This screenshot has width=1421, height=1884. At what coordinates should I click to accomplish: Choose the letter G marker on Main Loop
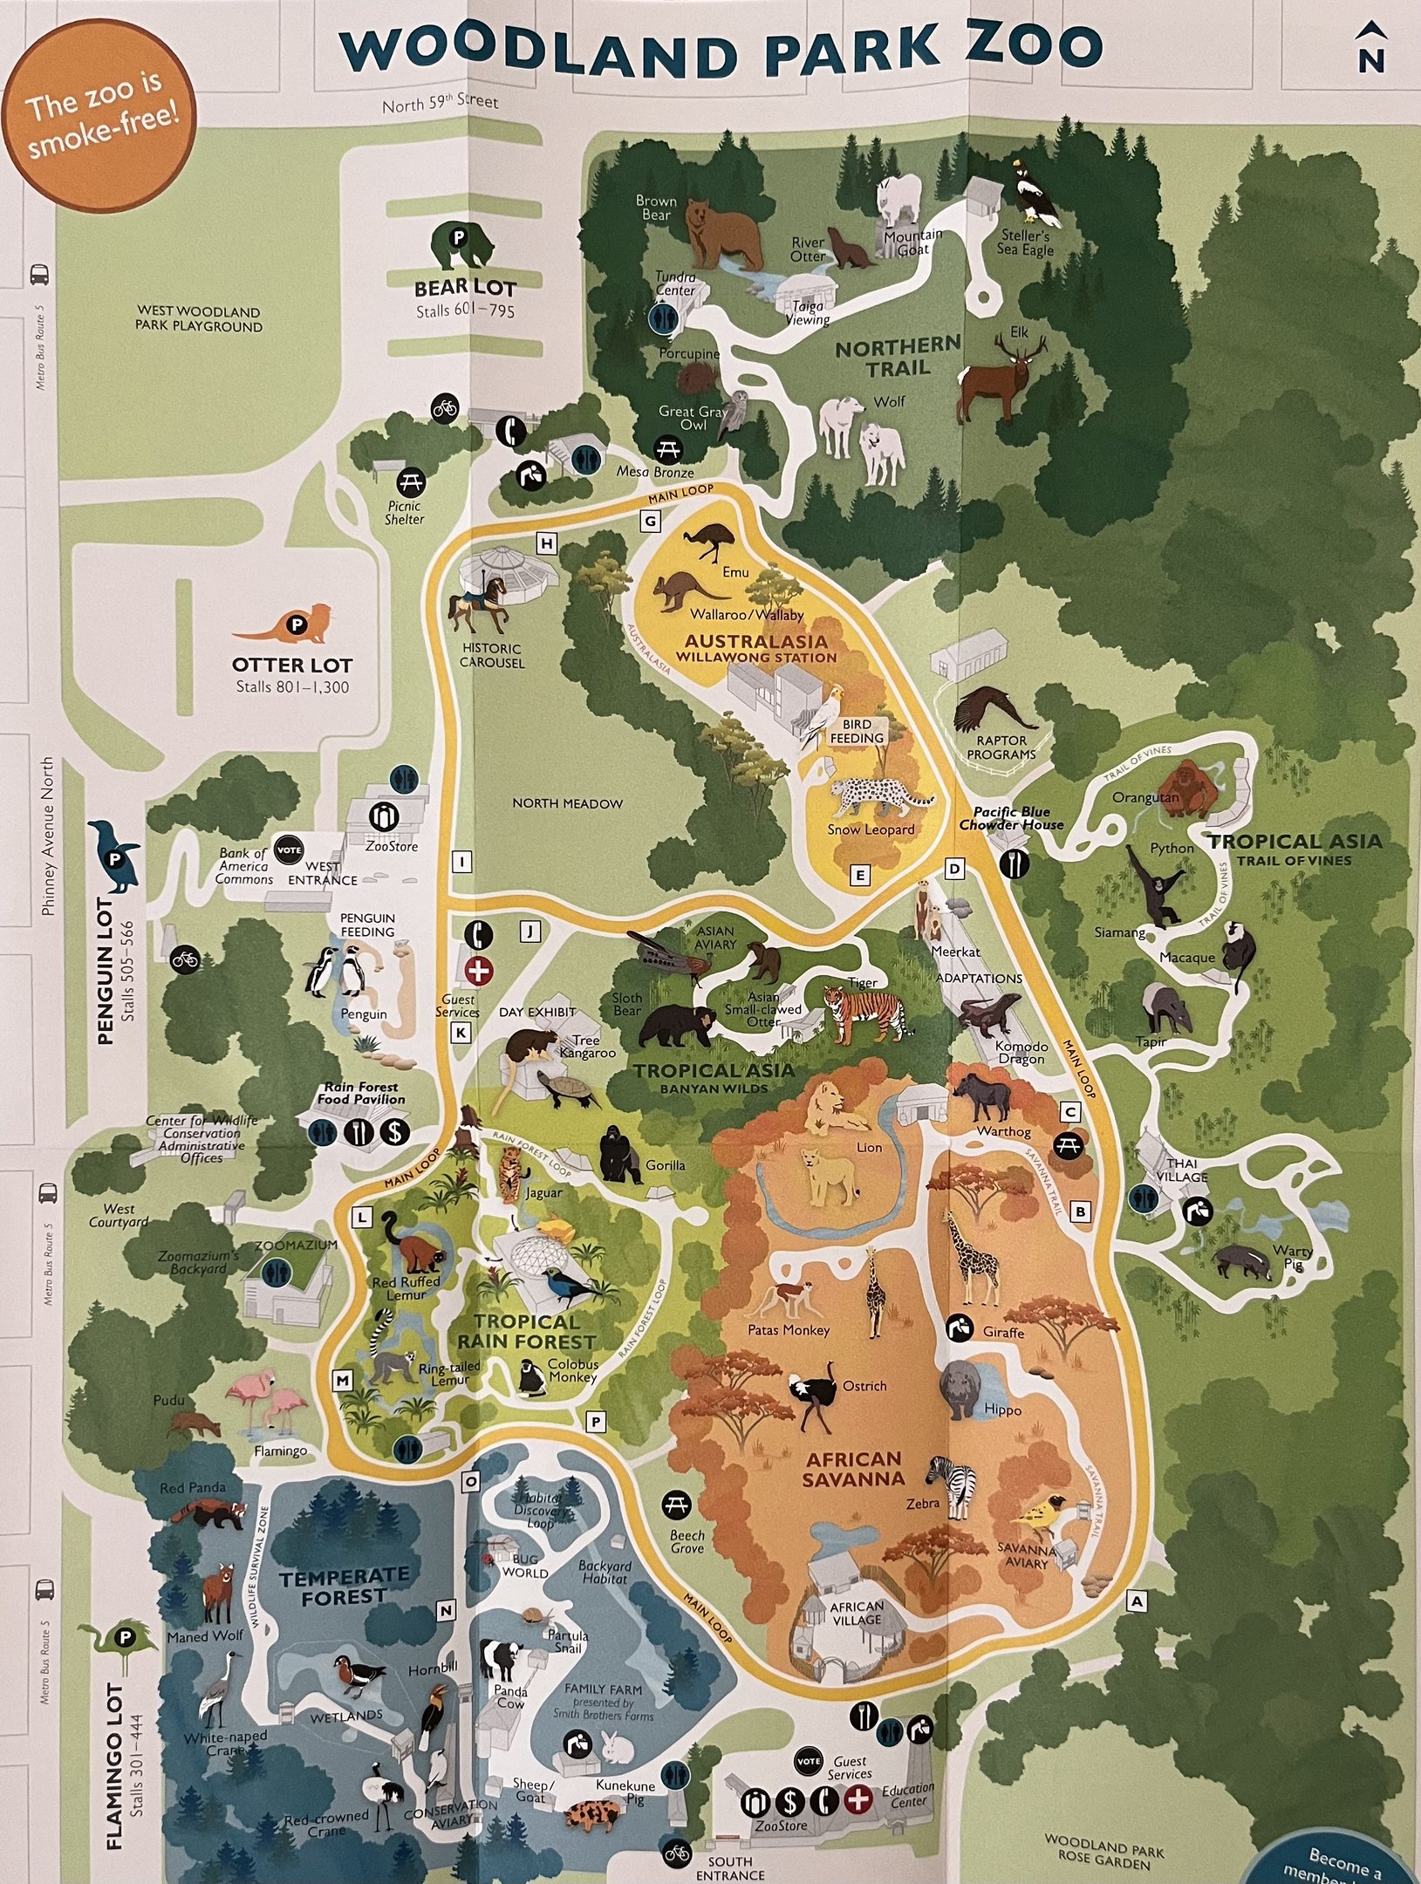(x=651, y=522)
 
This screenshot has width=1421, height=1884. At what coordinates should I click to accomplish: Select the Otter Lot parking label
(x=291, y=666)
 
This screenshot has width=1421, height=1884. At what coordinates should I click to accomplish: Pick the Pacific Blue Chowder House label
(x=1011, y=817)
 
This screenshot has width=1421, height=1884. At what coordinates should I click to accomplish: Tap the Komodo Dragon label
(x=1021, y=1053)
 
